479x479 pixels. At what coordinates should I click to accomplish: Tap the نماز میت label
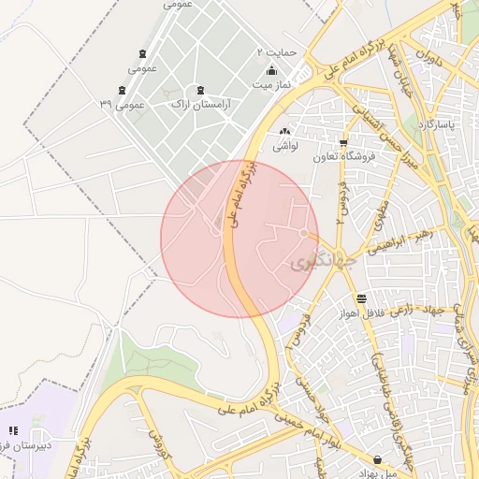coord(271,84)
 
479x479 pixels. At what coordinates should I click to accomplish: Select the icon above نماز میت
coord(271,71)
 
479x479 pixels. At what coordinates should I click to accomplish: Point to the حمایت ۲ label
coord(277,52)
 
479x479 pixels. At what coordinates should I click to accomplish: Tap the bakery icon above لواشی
coord(283,132)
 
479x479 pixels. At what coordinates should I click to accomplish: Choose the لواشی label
coord(283,146)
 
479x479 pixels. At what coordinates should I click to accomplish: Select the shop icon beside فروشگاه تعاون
coord(343,143)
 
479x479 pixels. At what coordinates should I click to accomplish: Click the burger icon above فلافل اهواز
coord(362,298)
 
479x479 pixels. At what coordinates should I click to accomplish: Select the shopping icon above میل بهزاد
coord(377,459)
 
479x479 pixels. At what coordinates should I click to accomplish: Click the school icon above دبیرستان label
coord(13,430)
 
